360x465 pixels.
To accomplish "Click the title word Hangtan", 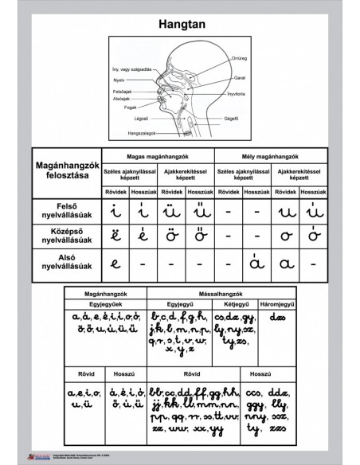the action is click(180, 25).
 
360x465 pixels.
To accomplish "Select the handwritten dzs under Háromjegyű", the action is click(278, 318).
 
